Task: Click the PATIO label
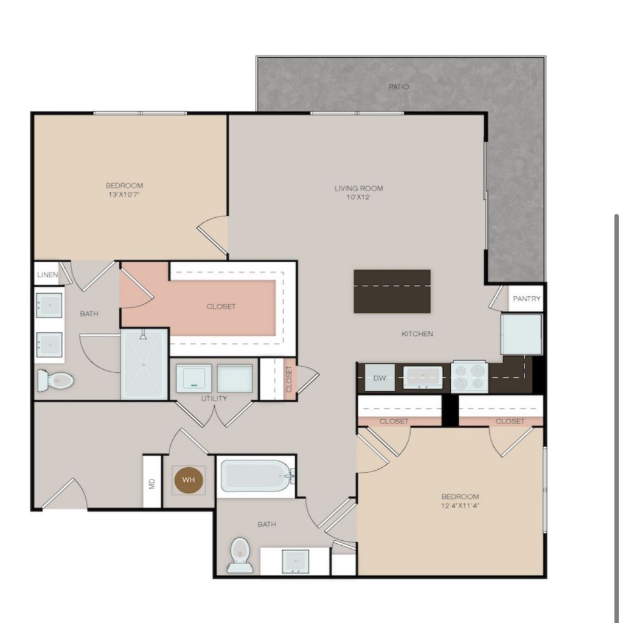click(x=399, y=86)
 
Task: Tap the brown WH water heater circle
click(x=189, y=480)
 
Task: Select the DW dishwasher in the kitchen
click(x=380, y=378)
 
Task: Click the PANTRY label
click(x=526, y=299)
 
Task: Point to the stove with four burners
click(x=469, y=377)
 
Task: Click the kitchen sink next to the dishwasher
click(x=423, y=377)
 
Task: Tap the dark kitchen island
click(x=392, y=291)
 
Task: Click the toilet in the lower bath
click(x=240, y=555)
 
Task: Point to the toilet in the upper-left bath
click(x=55, y=381)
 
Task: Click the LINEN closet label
click(x=47, y=274)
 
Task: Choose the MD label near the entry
click(x=151, y=484)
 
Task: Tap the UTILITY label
click(x=214, y=398)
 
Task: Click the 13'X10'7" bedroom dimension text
click(x=124, y=195)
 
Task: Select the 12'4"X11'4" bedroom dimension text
click(x=461, y=506)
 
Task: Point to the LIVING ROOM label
click(x=359, y=189)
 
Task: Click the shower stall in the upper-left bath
click(x=144, y=364)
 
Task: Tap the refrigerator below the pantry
click(x=521, y=334)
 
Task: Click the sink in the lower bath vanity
click(x=295, y=561)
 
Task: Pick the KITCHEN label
click(x=417, y=334)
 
